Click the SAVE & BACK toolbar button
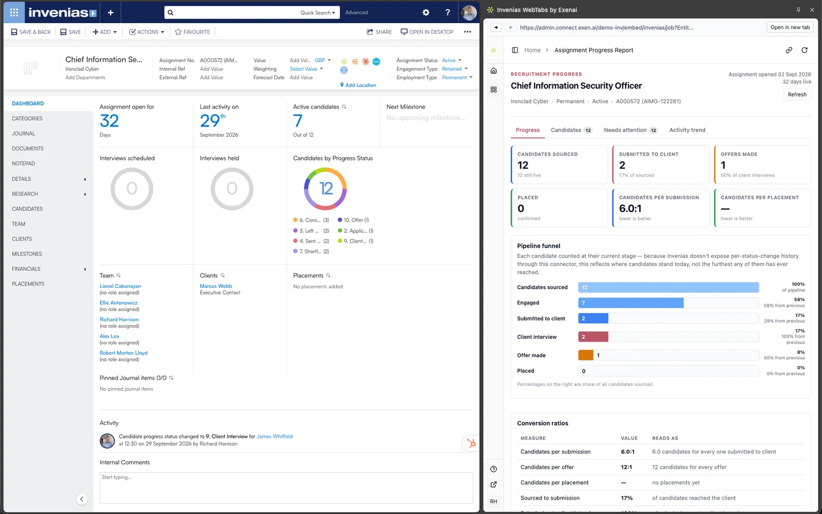click(x=31, y=32)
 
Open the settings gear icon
click(x=426, y=12)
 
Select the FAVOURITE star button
click(x=192, y=32)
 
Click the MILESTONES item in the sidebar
click(x=27, y=254)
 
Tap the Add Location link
click(x=358, y=85)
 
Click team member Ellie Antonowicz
click(x=119, y=303)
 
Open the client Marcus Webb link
click(x=216, y=286)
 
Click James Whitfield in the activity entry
click(x=274, y=436)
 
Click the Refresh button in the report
click(x=797, y=95)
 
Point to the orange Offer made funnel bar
click(x=586, y=355)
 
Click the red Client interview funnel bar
click(x=593, y=337)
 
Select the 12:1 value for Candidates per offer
click(x=626, y=467)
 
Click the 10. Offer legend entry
click(x=353, y=220)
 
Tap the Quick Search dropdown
click(x=318, y=12)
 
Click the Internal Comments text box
click(x=286, y=488)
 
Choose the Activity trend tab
click(x=687, y=130)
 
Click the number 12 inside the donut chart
click(x=326, y=188)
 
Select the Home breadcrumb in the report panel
click(x=532, y=50)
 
